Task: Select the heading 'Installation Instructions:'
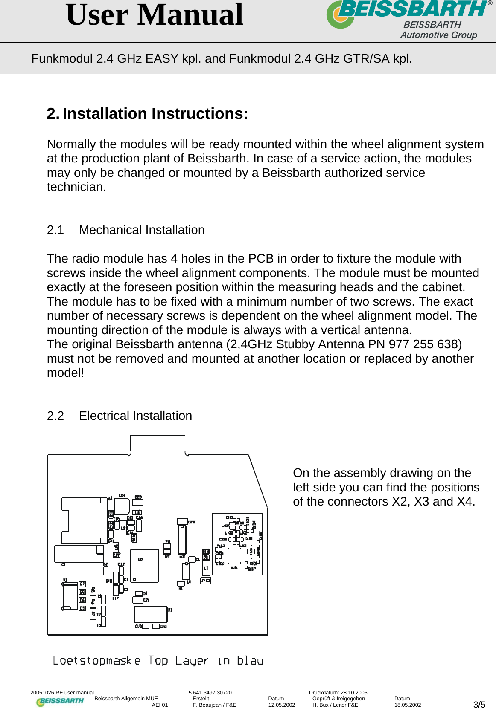tap(155, 114)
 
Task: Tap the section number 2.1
tap(55, 230)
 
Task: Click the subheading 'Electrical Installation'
tap(135, 416)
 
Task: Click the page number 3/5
tap(479, 705)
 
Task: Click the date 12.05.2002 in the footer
tap(281, 705)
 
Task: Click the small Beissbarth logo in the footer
tap(60, 702)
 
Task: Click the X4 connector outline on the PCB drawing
tap(84, 520)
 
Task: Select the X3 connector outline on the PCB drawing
tap(79, 554)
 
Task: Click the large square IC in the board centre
tap(144, 566)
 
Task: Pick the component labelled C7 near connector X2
tap(82, 584)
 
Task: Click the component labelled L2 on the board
tap(123, 527)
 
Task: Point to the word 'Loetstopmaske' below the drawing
tap(96, 661)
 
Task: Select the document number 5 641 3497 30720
tap(210, 693)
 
